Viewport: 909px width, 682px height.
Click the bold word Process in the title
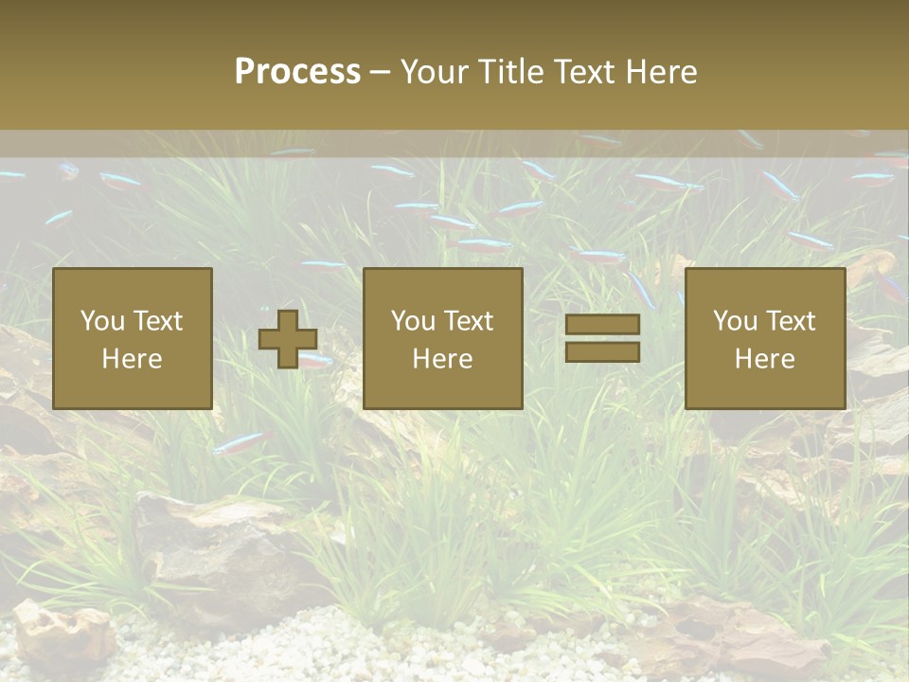(297, 72)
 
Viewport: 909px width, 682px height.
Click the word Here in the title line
(664, 72)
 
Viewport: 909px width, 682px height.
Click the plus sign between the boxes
(288, 339)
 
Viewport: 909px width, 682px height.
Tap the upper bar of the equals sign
(602, 324)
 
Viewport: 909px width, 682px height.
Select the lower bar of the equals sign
(602, 352)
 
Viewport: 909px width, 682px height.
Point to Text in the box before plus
(157, 321)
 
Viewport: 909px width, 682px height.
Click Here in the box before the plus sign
(132, 359)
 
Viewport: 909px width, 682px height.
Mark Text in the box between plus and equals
(468, 321)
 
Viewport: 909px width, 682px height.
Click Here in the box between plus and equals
(442, 359)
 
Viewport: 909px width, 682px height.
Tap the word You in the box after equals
(735, 321)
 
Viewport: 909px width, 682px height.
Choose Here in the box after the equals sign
(764, 359)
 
